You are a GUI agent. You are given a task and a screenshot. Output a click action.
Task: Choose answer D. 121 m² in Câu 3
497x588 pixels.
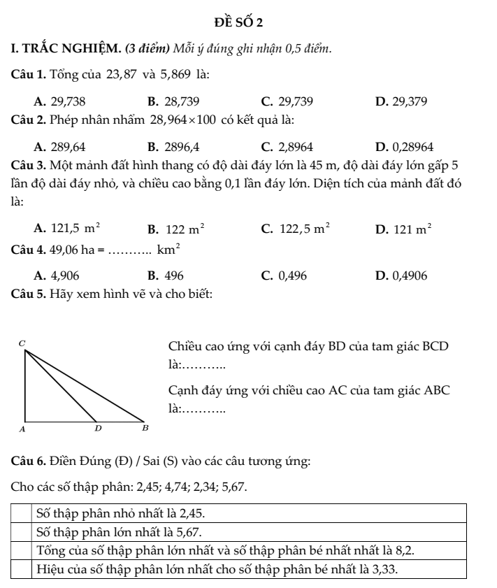[399, 227]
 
